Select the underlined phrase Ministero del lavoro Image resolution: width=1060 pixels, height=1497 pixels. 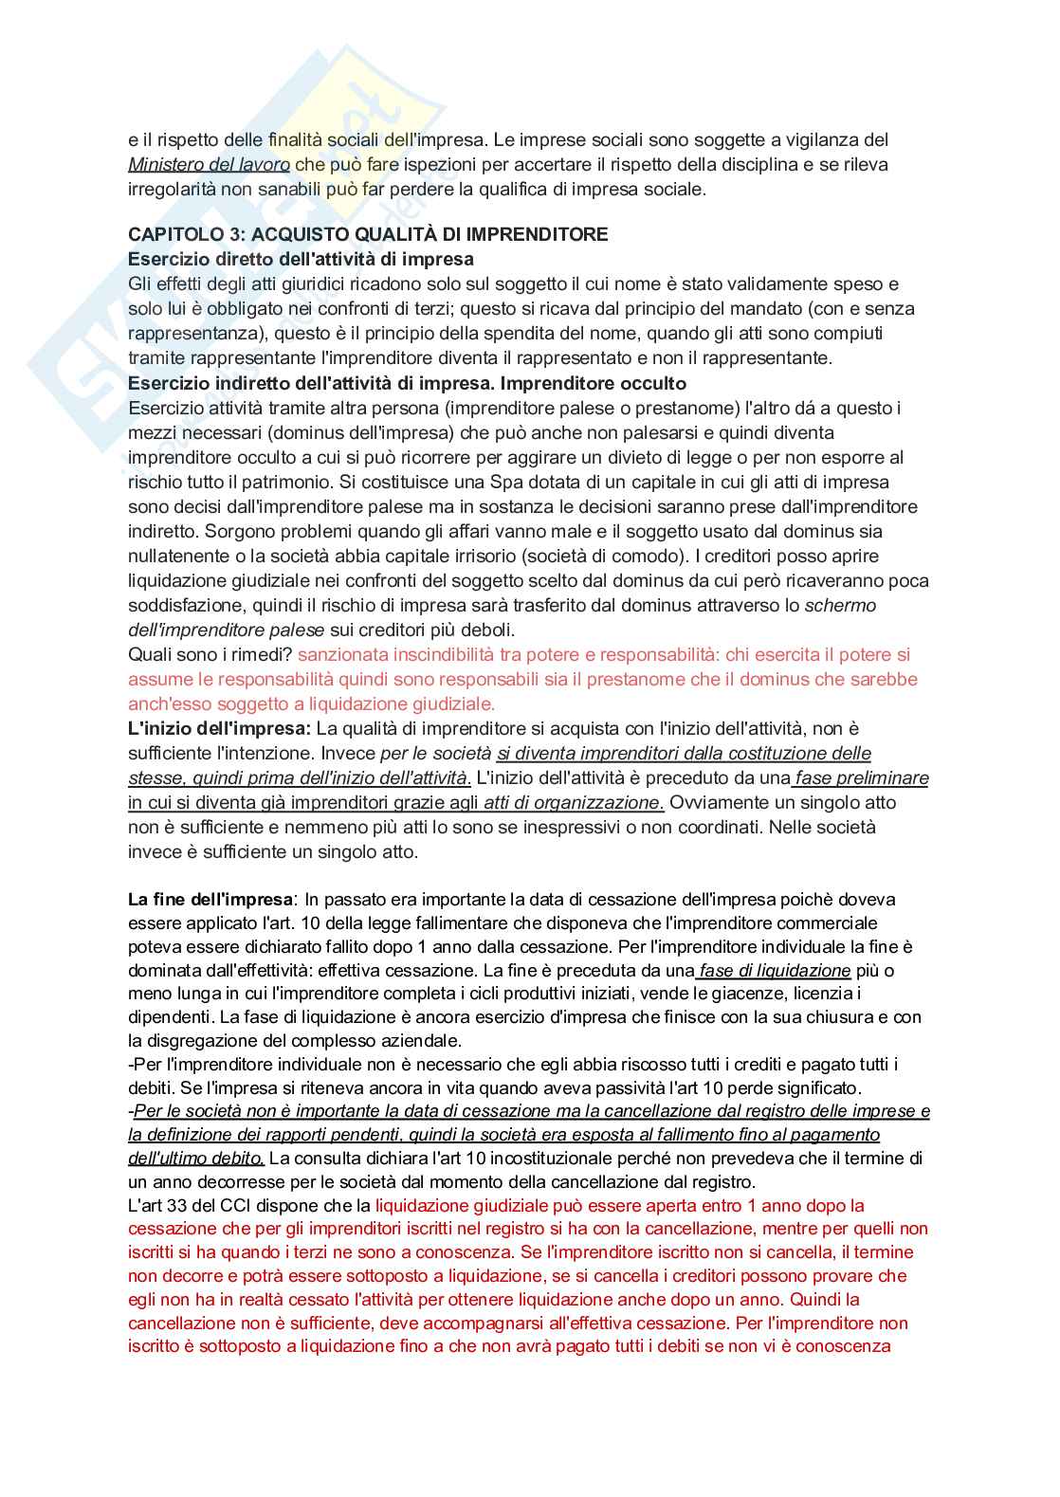(209, 164)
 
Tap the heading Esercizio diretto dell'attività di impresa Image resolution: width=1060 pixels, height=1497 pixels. (301, 259)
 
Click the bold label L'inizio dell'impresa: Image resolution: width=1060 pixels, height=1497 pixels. (219, 728)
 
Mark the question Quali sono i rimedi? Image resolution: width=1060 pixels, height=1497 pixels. (210, 654)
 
